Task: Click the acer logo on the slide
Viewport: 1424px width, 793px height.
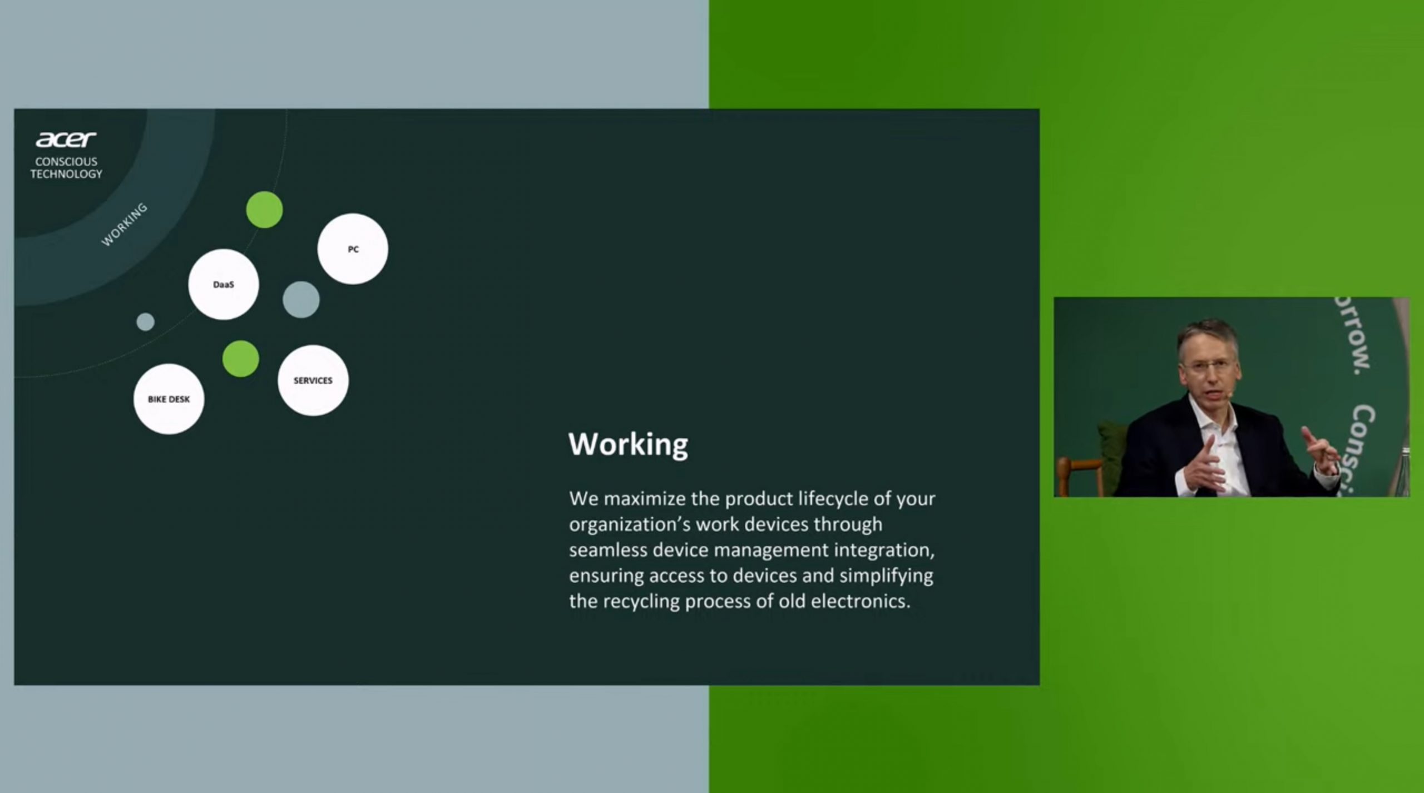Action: click(x=66, y=139)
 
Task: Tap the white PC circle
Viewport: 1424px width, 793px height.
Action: click(x=353, y=249)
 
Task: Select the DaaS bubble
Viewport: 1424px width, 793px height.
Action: click(x=224, y=284)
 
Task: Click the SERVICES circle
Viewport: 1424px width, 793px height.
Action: click(x=313, y=380)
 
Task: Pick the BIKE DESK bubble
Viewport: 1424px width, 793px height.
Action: click(x=169, y=399)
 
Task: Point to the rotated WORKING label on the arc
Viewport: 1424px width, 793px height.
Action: click(x=124, y=225)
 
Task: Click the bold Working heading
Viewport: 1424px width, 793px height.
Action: click(x=628, y=444)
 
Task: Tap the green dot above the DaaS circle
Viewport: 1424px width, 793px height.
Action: click(x=264, y=210)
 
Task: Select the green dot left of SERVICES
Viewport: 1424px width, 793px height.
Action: click(x=241, y=359)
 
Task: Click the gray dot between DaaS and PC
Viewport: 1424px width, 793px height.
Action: click(x=301, y=300)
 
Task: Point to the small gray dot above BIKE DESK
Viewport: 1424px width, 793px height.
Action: click(x=145, y=321)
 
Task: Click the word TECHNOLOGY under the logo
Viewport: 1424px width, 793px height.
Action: click(x=66, y=174)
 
